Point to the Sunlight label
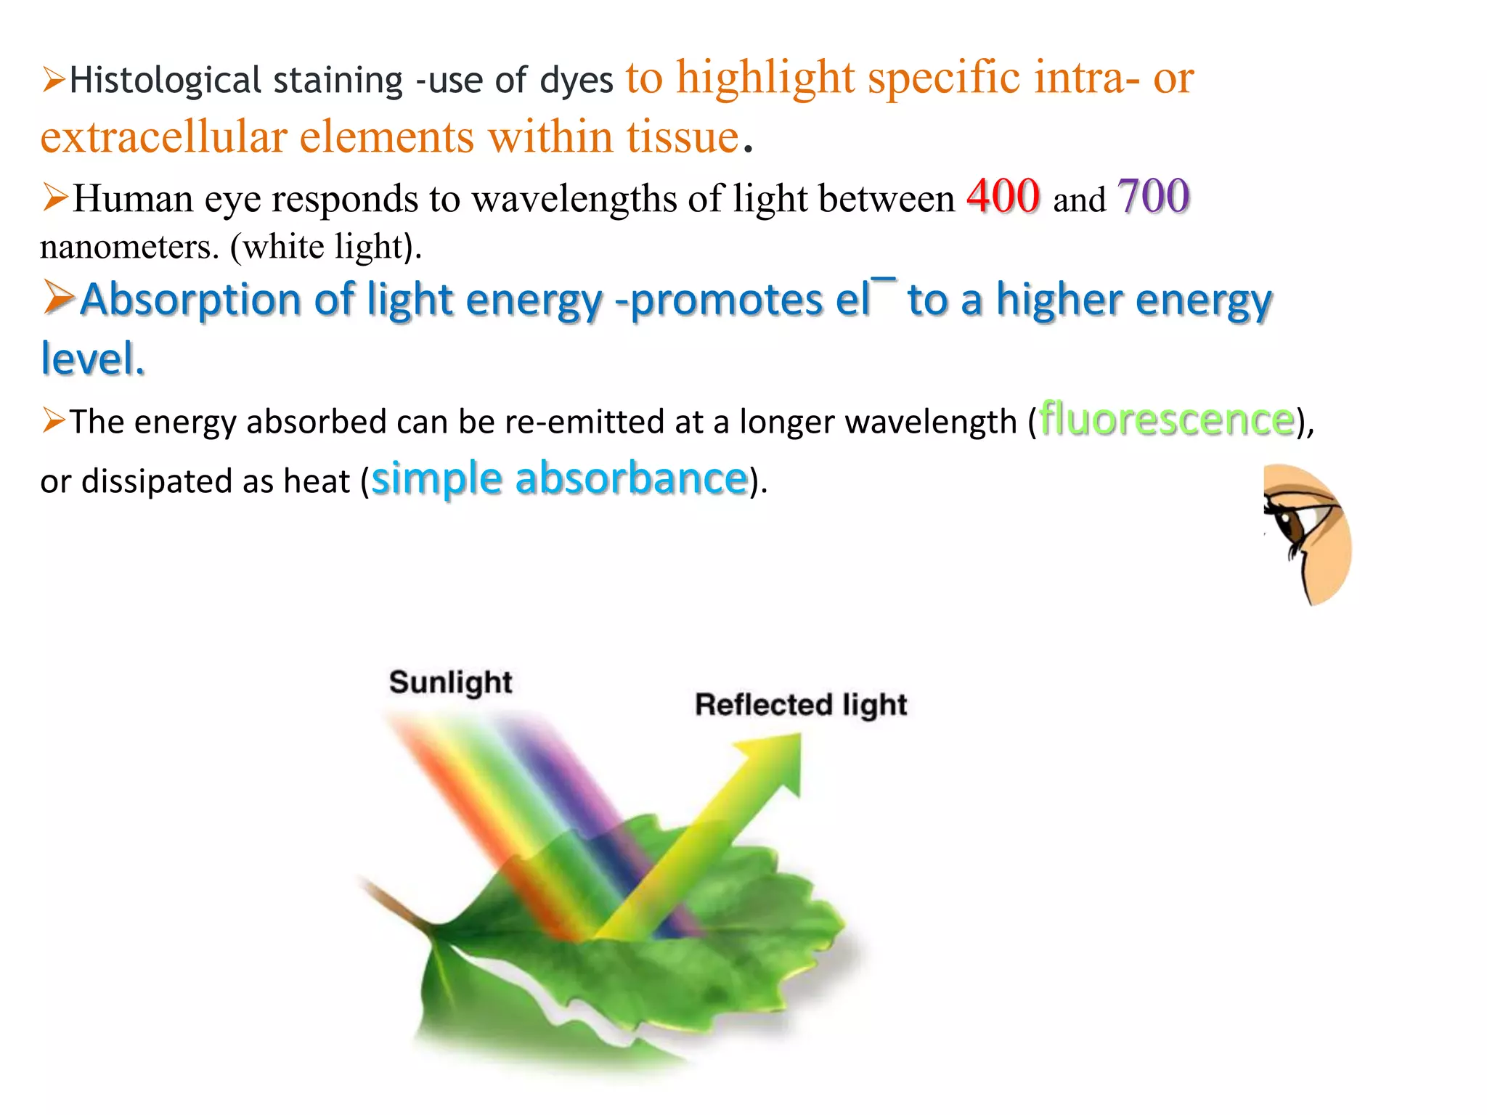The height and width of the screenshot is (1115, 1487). pyautogui.click(x=450, y=682)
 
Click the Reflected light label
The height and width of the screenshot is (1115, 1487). pyautogui.click(x=801, y=705)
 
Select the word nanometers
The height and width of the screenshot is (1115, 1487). pyautogui.click(x=129, y=247)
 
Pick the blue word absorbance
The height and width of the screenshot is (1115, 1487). pyautogui.click(x=631, y=479)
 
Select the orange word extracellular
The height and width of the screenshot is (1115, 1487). pyautogui.click(x=163, y=137)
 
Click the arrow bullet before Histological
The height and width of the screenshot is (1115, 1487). pyautogui.click(x=54, y=79)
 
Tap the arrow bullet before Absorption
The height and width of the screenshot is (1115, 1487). pyautogui.click(x=57, y=298)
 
